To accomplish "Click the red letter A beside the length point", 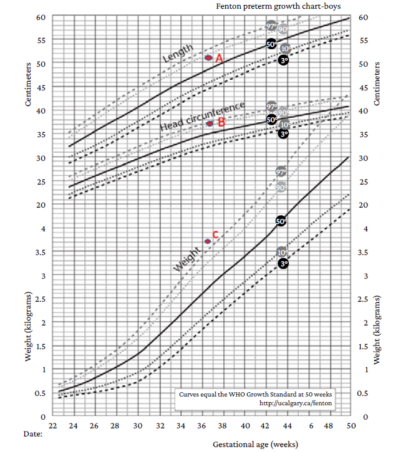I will pyautogui.click(x=219, y=58).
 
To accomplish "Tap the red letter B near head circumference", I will pyautogui.click(x=220, y=123).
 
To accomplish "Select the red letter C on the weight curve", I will pyautogui.click(x=216, y=235).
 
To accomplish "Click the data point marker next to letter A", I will pyautogui.click(x=209, y=57).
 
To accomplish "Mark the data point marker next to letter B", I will pyautogui.click(x=210, y=123).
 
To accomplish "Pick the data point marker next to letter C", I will pyautogui.click(x=208, y=241).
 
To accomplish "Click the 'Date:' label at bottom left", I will pyautogui.click(x=34, y=432).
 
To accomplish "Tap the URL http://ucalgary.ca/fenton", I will pyautogui.click(x=296, y=403).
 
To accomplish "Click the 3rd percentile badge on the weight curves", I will pyautogui.click(x=283, y=264).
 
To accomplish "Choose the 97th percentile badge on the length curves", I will pyautogui.click(x=271, y=26).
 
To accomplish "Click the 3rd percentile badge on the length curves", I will pyautogui.click(x=283, y=60).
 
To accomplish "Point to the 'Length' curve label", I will pyautogui.click(x=178, y=54).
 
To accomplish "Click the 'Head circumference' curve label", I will pyautogui.click(x=201, y=116).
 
